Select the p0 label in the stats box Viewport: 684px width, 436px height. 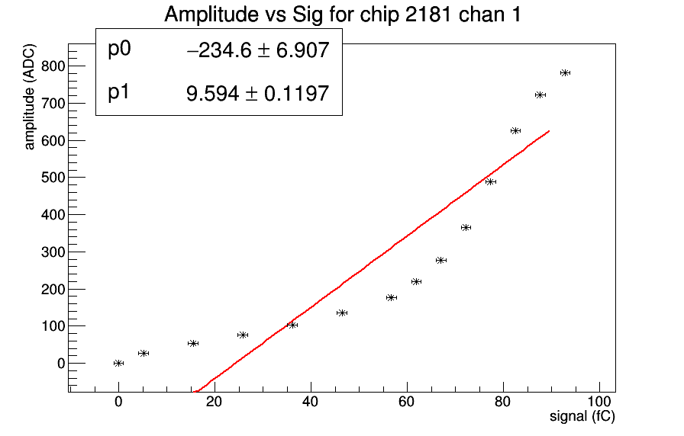pos(120,50)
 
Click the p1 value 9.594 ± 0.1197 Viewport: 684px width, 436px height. pos(257,94)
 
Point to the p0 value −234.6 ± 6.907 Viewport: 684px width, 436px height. pos(257,51)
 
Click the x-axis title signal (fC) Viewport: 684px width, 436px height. pos(582,417)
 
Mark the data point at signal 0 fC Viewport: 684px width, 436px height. pos(118,363)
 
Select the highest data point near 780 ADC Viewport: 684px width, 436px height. pos(565,73)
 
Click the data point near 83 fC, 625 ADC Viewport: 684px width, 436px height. pos(515,131)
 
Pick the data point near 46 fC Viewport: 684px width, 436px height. pos(342,313)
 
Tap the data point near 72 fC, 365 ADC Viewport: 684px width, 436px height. pos(466,227)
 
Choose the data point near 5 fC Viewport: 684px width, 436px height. pos(144,353)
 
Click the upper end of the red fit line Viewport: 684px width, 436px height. pos(549,132)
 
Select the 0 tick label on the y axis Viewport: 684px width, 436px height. pos(60,364)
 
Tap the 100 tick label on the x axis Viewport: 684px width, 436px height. pos(599,402)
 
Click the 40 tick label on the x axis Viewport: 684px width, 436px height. pos(311,402)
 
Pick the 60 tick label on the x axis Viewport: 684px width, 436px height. pos(407,402)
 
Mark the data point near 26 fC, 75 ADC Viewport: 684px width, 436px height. pos(243,335)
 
